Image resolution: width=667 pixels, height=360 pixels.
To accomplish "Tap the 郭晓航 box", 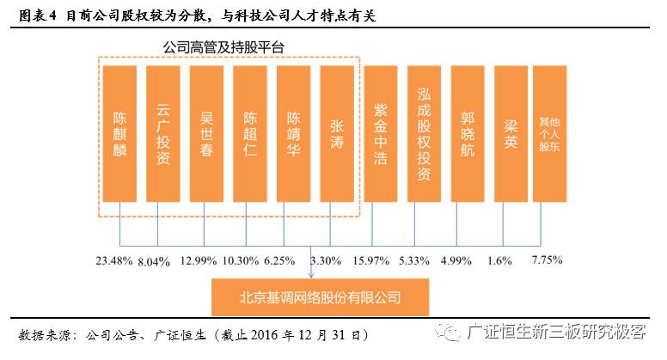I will (468, 135).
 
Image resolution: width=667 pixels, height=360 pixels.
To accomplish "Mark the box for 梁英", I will (511, 135).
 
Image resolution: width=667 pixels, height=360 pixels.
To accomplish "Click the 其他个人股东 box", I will (550, 135).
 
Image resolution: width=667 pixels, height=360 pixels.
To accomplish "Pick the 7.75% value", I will (550, 259).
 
